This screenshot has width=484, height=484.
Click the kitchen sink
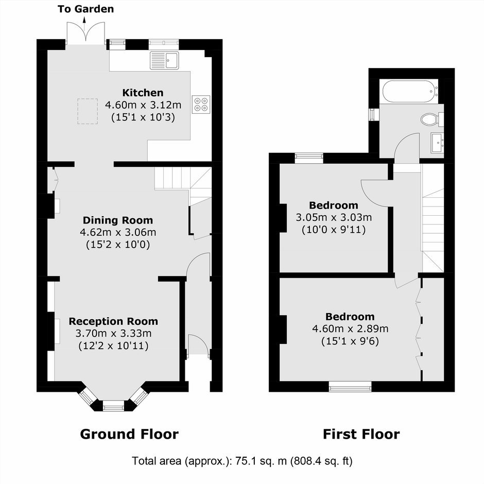165,60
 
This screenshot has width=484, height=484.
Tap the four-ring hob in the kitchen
201,105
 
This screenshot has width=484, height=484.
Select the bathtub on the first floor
410,91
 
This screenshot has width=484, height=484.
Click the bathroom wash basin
437,143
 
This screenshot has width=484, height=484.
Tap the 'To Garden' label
86,9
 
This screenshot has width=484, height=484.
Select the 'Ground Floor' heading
129,434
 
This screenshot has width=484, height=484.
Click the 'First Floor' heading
361,434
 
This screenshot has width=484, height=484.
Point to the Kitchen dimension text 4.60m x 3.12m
143,105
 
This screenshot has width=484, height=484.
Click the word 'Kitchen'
143,93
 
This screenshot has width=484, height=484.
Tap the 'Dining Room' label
118,220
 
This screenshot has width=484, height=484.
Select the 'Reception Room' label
113,321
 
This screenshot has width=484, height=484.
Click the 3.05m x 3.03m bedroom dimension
334,217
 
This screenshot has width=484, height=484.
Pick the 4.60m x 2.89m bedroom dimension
350,329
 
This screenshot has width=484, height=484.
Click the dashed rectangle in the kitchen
88,111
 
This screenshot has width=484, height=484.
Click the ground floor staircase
183,185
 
